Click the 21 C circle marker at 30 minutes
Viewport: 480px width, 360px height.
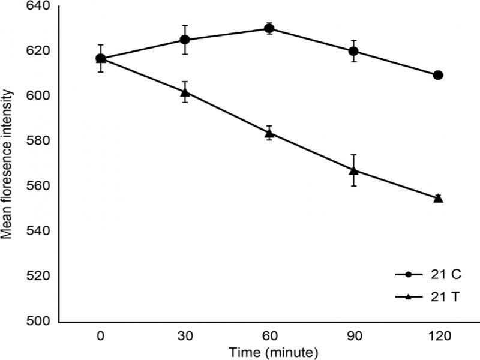[185, 40]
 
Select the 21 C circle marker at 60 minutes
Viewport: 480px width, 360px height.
[269, 28]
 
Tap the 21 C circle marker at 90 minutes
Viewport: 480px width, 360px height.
[354, 51]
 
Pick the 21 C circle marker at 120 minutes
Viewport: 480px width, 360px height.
[438, 75]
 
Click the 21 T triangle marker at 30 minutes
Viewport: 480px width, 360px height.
[185, 92]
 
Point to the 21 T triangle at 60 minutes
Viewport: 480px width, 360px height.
[269, 133]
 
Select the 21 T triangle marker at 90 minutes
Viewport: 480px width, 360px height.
[354, 170]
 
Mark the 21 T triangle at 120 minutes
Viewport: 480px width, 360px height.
[438, 198]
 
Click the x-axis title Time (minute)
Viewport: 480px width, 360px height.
[269, 350]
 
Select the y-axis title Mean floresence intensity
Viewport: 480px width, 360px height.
[8, 164]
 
